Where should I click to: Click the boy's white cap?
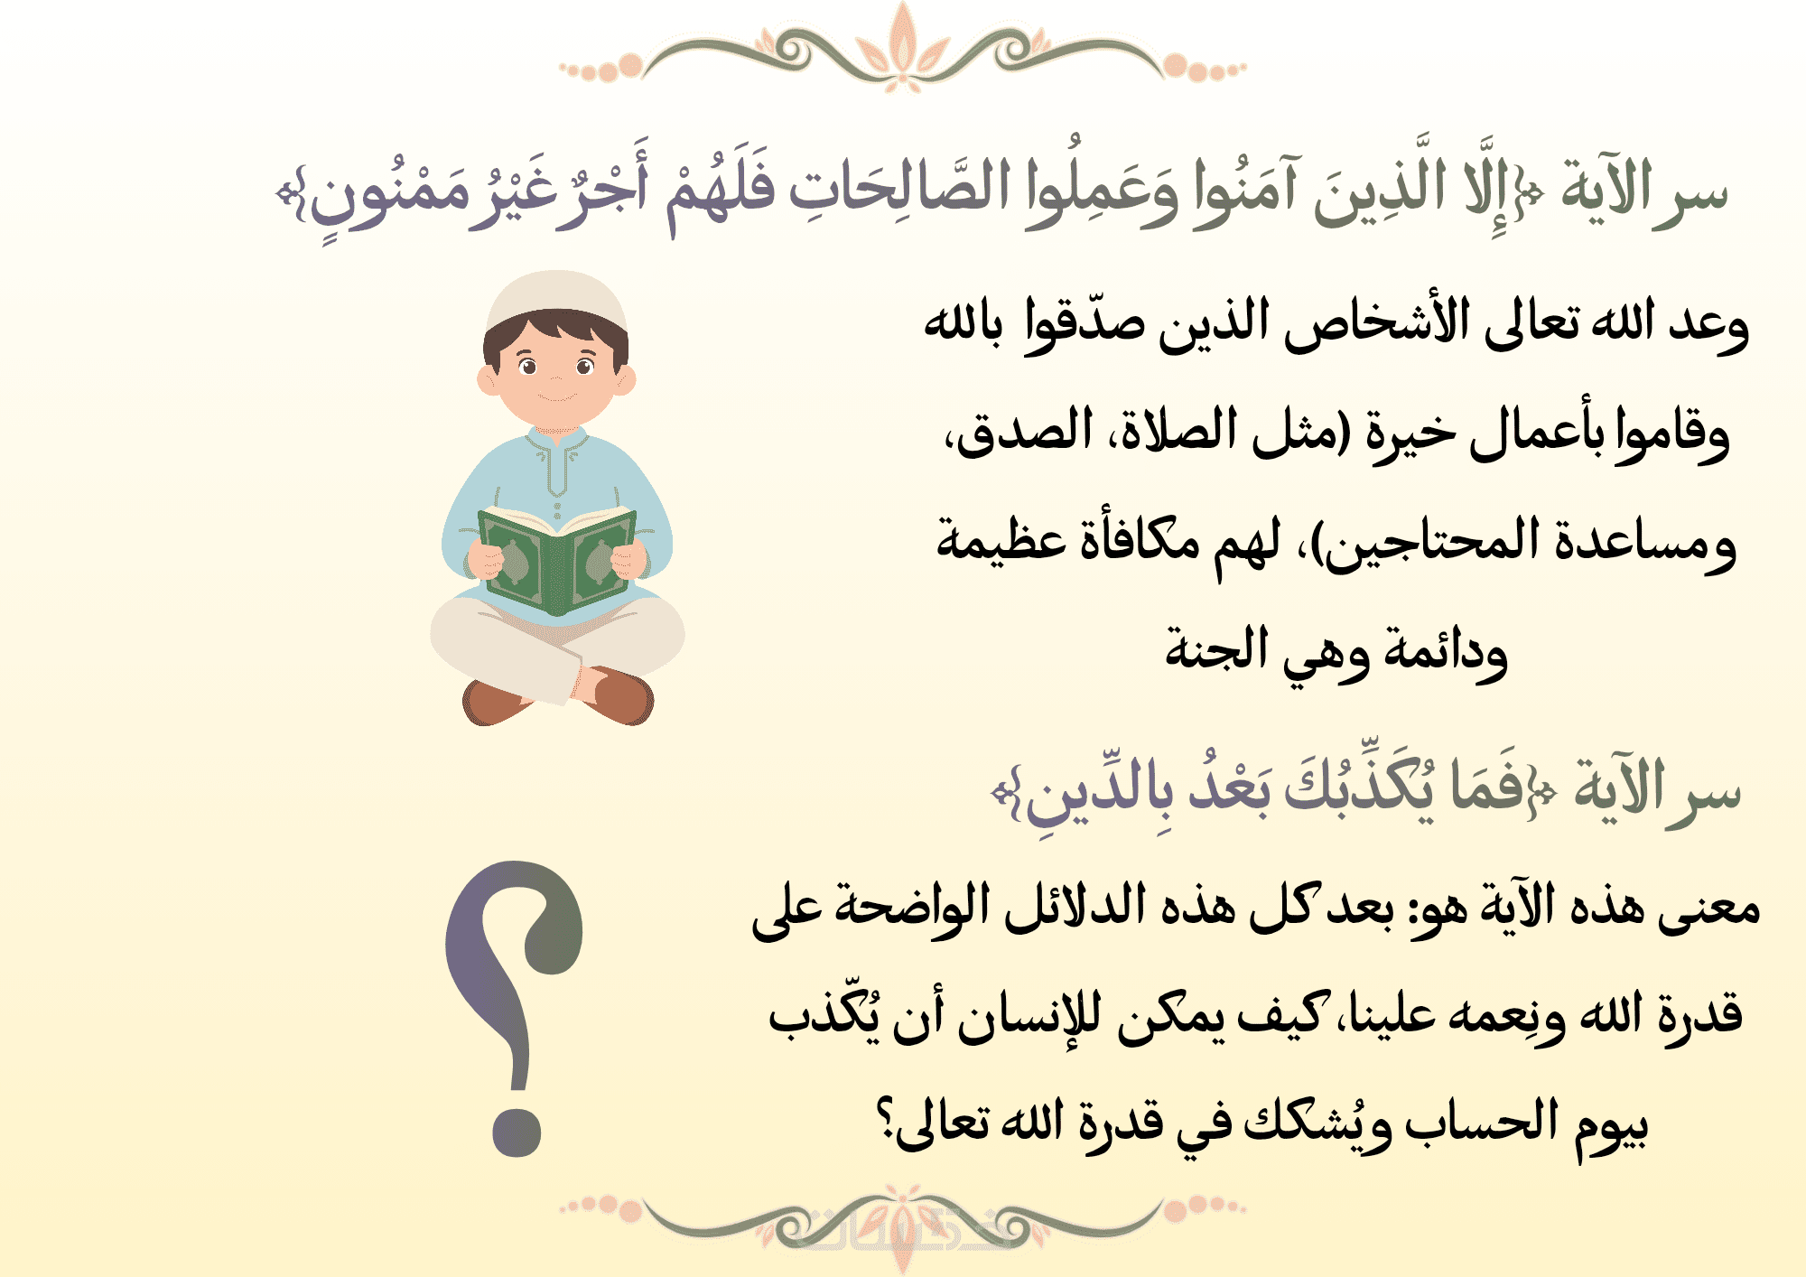click(x=556, y=301)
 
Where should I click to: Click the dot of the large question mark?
click(x=517, y=1131)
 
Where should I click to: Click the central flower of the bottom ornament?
click(x=902, y=1228)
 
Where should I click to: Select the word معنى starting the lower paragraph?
click(x=1708, y=907)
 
